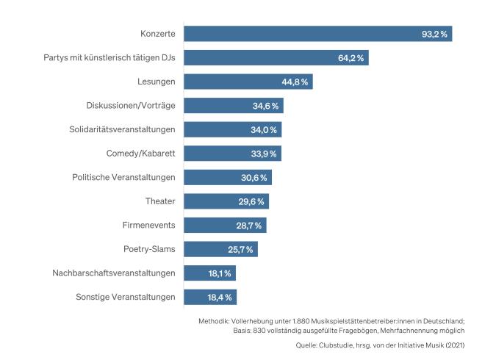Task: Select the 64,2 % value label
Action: click(353, 58)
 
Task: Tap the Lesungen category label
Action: click(157, 82)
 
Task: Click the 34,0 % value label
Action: click(265, 130)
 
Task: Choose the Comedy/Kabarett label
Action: click(141, 154)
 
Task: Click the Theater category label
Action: click(160, 201)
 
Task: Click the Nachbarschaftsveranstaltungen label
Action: click(114, 273)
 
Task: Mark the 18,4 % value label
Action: click(219, 298)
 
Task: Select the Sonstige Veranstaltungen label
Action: click(126, 297)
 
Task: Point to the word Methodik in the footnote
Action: click(214, 321)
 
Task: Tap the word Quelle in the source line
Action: click(306, 344)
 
